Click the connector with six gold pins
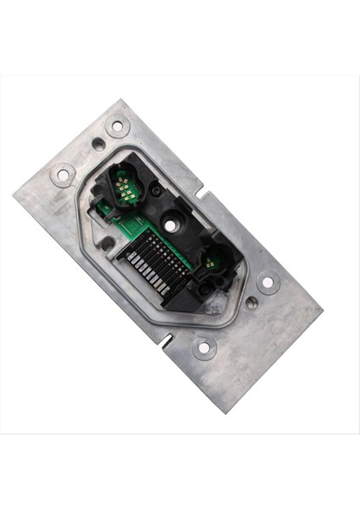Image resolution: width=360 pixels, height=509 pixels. [x=125, y=187]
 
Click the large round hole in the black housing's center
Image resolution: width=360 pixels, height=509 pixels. [x=173, y=224]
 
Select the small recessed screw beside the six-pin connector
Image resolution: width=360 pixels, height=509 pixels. [x=155, y=192]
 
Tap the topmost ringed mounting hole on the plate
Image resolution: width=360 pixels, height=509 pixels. [x=117, y=126]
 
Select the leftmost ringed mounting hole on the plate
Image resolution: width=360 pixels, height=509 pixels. [x=63, y=175]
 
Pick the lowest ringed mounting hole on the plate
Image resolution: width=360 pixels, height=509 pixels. [x=203, y=346]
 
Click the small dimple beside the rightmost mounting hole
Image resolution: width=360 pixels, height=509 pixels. [x=251, y=301]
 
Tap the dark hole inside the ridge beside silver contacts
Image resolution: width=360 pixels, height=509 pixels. [x=107, y=243]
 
